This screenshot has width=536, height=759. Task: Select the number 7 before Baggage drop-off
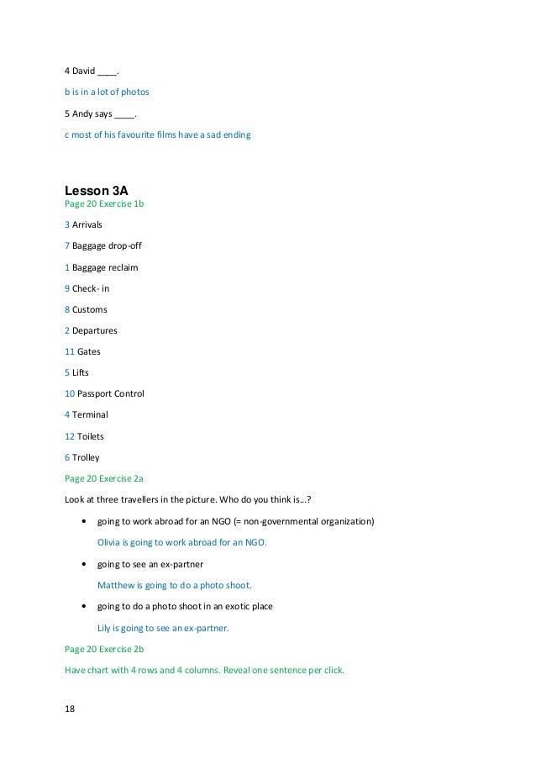click(x=67, y=245)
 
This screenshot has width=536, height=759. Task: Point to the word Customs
click(x=90, y=309)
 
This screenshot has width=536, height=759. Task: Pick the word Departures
click(x=95, y=330)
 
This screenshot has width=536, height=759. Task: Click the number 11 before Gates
click(x=70, y=351)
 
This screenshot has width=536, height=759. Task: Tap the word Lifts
click(x=81, y=372)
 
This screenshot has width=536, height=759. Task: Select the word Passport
click(x=98, y=393)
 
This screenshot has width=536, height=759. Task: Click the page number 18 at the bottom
click(x=70, y=709)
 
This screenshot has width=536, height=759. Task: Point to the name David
click(x=83, y=70)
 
